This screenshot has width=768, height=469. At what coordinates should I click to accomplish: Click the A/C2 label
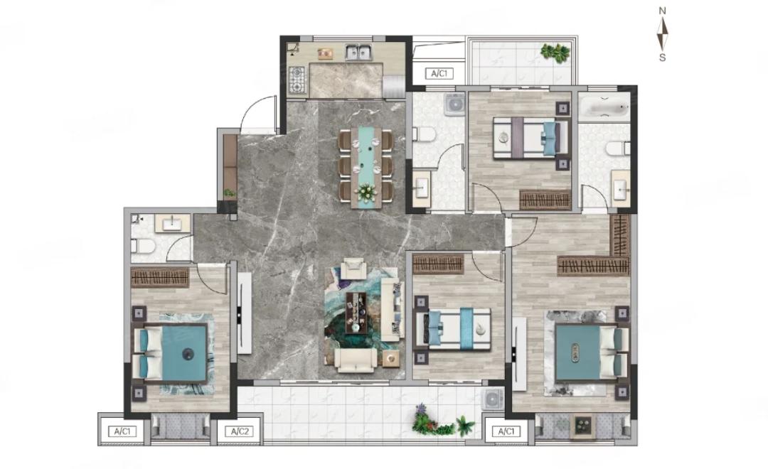coord(240,431)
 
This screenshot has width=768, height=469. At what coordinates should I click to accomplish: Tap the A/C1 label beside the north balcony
coord(439,74)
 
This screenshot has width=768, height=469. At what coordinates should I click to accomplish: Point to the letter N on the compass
coord(662,11)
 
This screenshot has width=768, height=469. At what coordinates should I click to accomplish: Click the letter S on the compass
coord(662,58)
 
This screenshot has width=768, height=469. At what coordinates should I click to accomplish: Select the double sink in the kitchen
coord(358,52)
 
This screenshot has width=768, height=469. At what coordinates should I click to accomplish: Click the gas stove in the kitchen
coord(297,80)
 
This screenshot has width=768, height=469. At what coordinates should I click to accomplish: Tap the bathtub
coord(604,108)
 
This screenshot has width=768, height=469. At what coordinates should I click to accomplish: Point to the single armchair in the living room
coord(353,269)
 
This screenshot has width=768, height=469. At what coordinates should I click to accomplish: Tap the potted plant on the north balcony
coord(555,51)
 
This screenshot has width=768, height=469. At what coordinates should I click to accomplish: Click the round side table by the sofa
coord(391,359)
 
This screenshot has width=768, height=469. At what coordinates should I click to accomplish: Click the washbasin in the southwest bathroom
coord(173,224)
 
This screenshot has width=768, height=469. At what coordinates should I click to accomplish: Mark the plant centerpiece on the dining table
coord(366,193)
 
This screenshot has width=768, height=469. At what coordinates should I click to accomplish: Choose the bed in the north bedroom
coord(530,138)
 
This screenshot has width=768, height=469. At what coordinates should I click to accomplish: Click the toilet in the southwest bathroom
coord(143,245)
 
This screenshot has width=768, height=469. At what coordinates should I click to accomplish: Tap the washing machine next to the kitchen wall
coord(454,104)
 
